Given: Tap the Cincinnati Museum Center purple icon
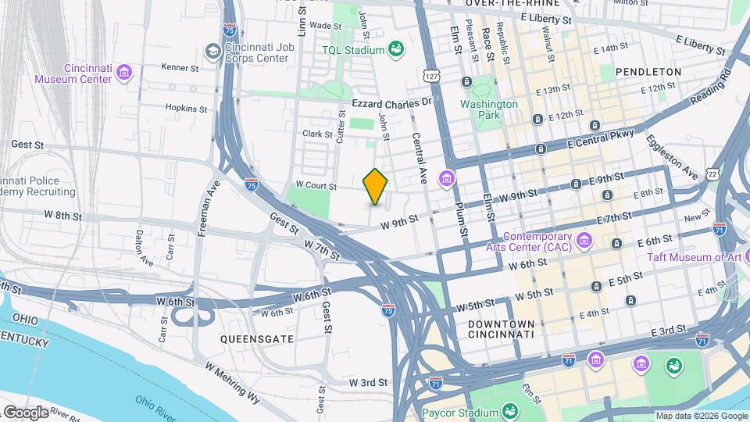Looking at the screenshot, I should (123, 73).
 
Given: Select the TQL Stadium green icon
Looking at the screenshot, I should (397, 50).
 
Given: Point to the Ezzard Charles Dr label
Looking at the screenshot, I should (391, 102).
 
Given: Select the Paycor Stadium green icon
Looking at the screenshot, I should (509, 412).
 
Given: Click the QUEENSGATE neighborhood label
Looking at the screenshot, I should (256, 339).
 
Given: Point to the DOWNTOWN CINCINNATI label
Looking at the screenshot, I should (501, 329).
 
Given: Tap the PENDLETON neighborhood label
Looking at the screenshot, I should (648, 71).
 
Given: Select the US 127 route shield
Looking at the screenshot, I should (432, 76).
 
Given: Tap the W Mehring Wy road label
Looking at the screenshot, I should (232, 382).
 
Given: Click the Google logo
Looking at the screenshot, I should (26, 412).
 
